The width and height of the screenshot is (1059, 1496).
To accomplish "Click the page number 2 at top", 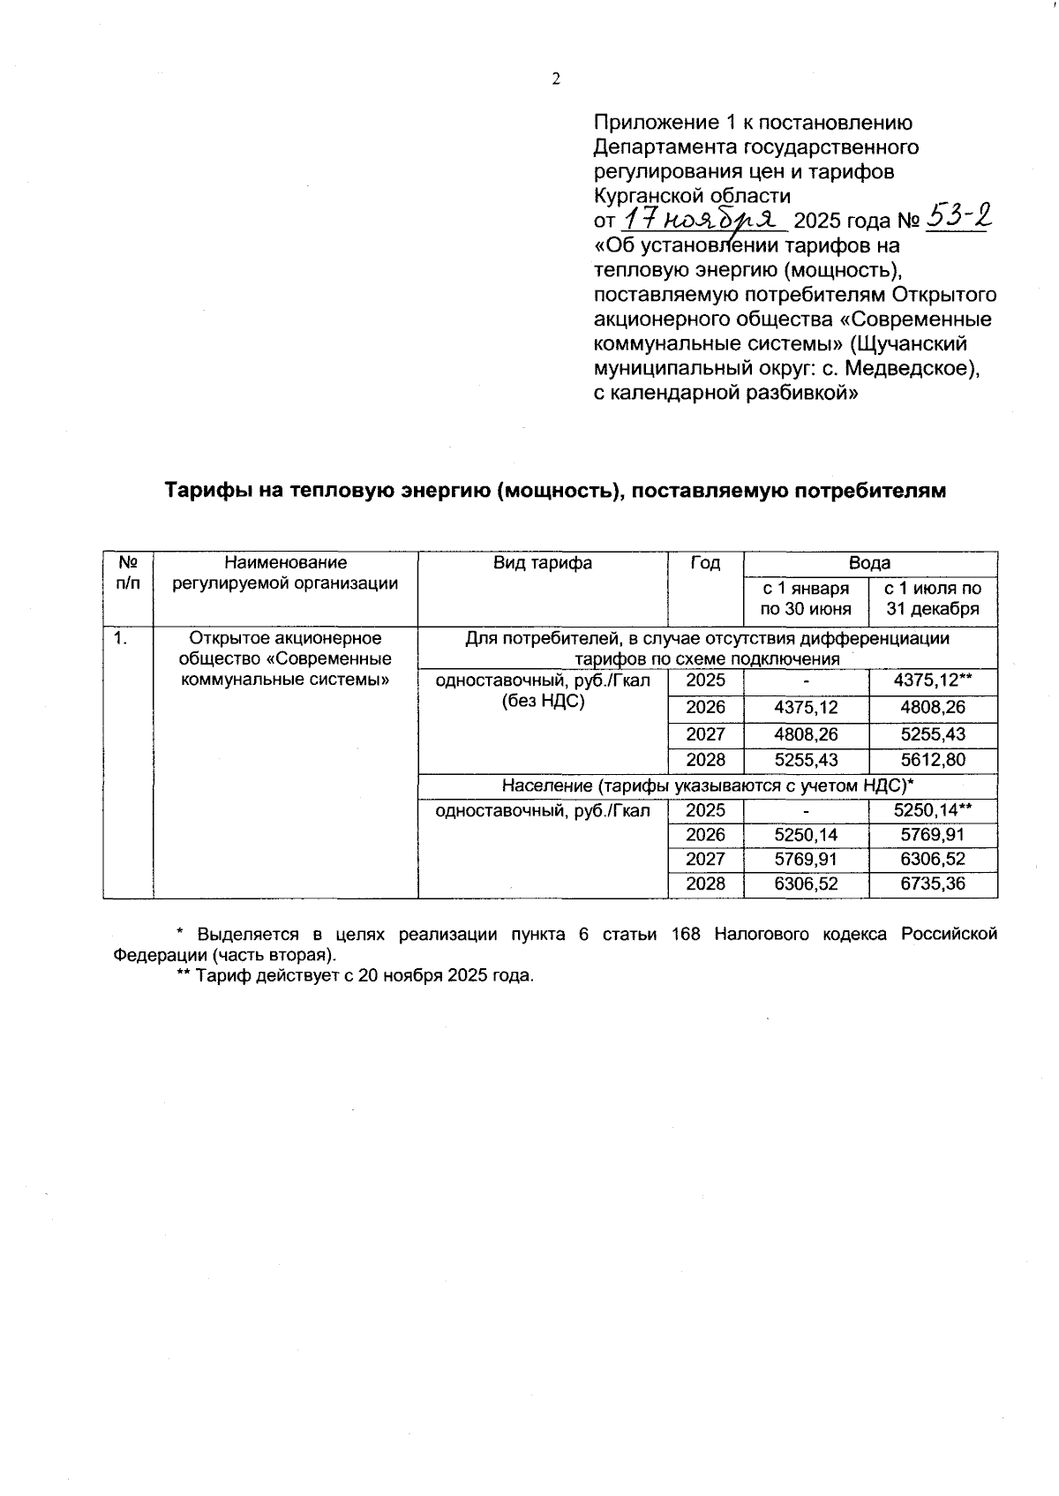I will click(556, 79).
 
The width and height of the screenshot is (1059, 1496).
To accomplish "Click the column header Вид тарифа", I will click(543, 563).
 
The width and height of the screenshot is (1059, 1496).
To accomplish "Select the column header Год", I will click(705, 563).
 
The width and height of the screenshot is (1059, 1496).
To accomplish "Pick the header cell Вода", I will click(869, 563).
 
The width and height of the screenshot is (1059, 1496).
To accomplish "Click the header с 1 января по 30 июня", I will click(806, 598).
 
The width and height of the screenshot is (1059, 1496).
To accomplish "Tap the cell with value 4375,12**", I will click(933, 680).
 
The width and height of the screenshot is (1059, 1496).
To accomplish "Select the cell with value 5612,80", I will click(933, 760).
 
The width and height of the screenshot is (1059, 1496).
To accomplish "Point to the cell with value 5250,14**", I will click(933, 810).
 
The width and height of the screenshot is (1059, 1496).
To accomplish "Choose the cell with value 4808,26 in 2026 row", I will click(933, 707).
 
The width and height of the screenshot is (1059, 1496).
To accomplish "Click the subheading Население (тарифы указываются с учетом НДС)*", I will click(707, 786).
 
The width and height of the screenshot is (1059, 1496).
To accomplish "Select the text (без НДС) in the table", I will click(543, 703).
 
